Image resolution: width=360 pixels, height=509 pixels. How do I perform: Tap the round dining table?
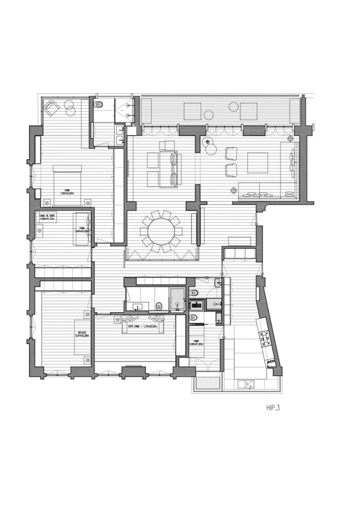[x=161, y=231]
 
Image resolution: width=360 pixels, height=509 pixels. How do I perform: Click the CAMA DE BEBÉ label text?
[x=47, y=217]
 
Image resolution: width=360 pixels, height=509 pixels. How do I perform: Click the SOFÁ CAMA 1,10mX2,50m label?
[x=143, y=326]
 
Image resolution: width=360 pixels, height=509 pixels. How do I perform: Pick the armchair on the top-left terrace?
[x=52, y=107]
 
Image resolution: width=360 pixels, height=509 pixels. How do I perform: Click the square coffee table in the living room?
[x=258, y=162]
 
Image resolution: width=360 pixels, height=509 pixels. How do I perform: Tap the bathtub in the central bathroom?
[x=177, y=300]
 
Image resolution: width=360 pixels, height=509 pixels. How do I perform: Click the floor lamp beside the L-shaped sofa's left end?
[x=232, y=190]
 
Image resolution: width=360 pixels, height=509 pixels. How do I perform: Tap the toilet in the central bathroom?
[x=159, y=306]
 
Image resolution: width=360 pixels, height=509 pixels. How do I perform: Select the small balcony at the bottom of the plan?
[x=206, y=384]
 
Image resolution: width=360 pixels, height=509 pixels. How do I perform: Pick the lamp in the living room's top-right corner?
[x=291, y=138]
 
